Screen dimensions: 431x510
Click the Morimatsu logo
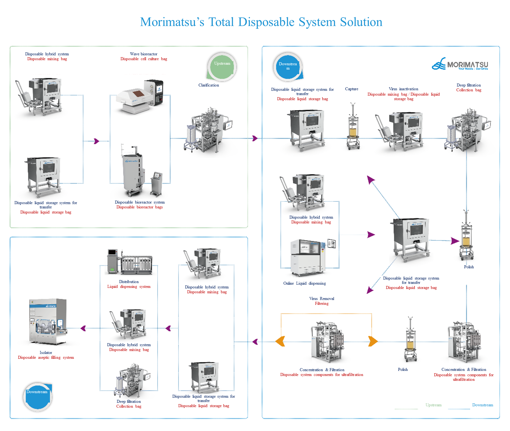pyautogui.click(x=460, y=64)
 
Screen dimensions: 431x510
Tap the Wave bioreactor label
pyautogui.click(x=143, y=54)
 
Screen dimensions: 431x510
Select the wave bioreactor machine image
pyautogui.click(x=140, y=96)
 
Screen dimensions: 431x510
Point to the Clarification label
pyautogui.click(x=208, y=85)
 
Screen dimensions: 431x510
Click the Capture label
pyautogui.click(x=351, y=89)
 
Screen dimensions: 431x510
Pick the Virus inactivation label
pyautogui.click(x=403, y=89)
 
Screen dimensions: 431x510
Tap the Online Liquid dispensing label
pyautogui.click(x=304, y=283)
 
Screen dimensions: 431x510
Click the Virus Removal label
pyautogui.click(x=321, y=299)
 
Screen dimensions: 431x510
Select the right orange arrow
pyautogui.click(x=373, y=341)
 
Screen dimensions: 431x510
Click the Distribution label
pyautogui.click(x=129, y=282)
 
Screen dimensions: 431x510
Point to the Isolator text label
pyautogui.click(x=46, y=353)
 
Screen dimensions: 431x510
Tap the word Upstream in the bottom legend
pyautogui.click(x=433, y=405)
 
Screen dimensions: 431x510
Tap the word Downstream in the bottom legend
pyautogui.click(x=482, y=405)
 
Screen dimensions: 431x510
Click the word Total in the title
pyautogui.click(x=221, y=22)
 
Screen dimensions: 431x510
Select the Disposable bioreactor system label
pyautogui.click(x=140, y=202)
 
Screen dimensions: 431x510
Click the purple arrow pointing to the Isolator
pyautogui.click(x=83, y=328)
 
